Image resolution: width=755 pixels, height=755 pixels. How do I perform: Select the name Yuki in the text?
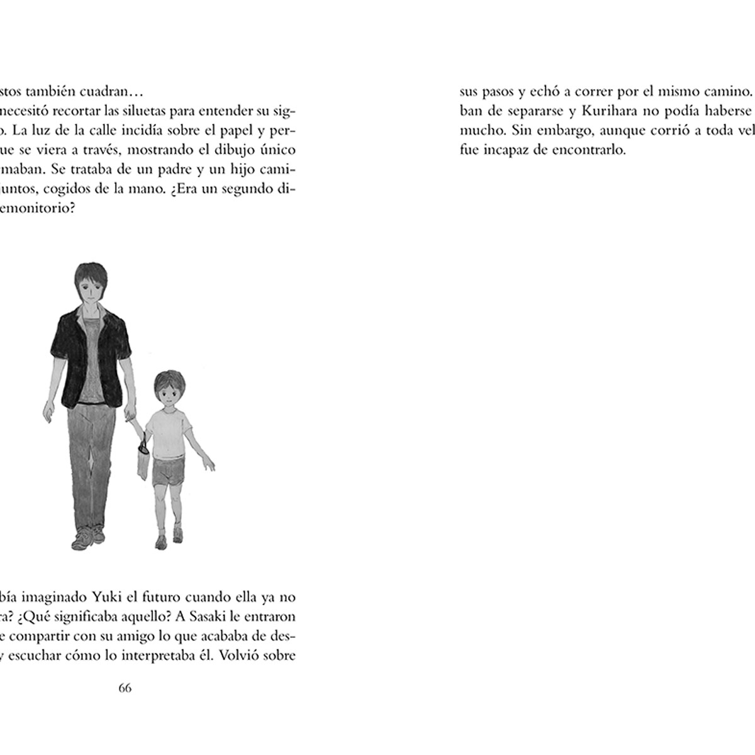pyautogui.click(x=96, y=596)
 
